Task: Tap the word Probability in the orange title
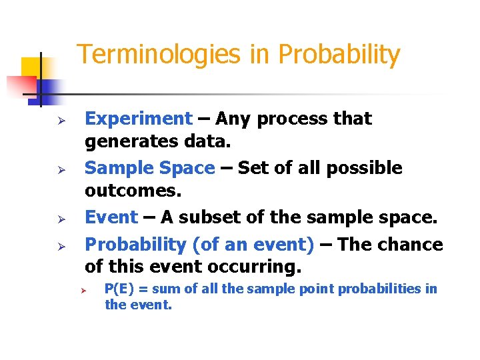[339, 55]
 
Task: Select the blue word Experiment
[139, 119]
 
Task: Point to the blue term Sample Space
[150, 168]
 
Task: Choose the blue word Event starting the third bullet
[111, 217]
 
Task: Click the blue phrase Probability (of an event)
[199, 245]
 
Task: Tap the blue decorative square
[50, 88]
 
